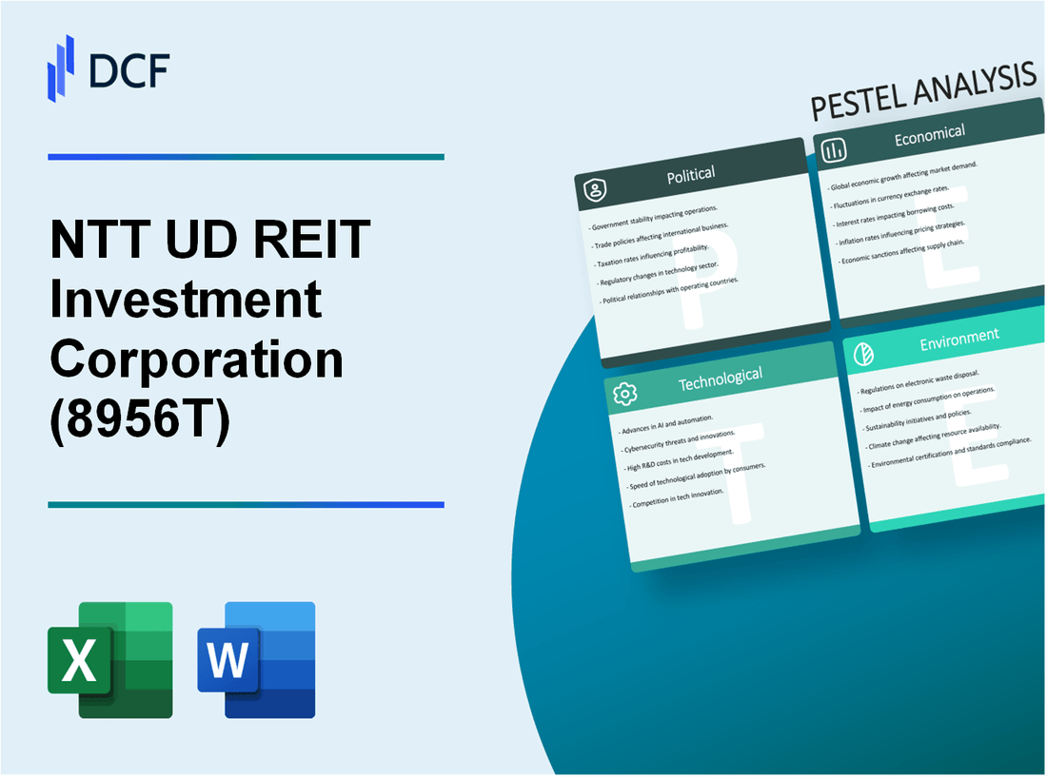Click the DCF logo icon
pyautogui.click(x=61, y=68)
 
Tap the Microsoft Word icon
pyautogui.click(x=256, y=659)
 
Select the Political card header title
pyautogui.click(x=692, y=174)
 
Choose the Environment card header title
pyautogui.click(x=960, y=336)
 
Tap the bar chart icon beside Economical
pyautogui.click(x=835, y=150)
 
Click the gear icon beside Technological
pyautogui.click(x=625, y=393)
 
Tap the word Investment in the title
pyautogui.click(x=186, y=301)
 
